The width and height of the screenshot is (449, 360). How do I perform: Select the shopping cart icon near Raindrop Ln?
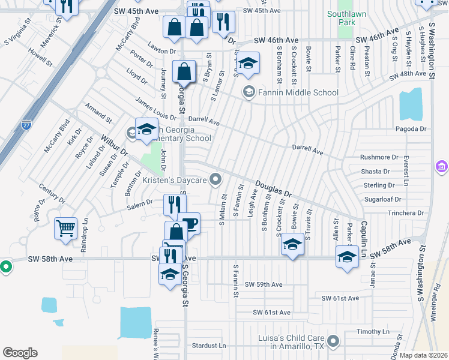pyautogui.click(x=65, y=227)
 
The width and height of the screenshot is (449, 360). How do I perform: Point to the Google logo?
pyautogui.click(x=20, y=352)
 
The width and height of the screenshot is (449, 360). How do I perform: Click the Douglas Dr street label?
pyautogui.click(x=273, y=190)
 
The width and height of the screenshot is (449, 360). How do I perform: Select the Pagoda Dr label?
pyautogui.click(x=411, y=128)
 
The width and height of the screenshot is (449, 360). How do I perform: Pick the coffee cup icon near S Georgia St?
pyautogui.click(x=189, y=223)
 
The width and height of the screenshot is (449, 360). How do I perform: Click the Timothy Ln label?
pyautogui.click(x=373, y=331)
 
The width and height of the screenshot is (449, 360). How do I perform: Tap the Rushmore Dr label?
pyautogui.click(x=379, y=157)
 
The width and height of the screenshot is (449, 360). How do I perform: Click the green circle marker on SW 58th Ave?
pyautogui.click(x=5, y=266)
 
